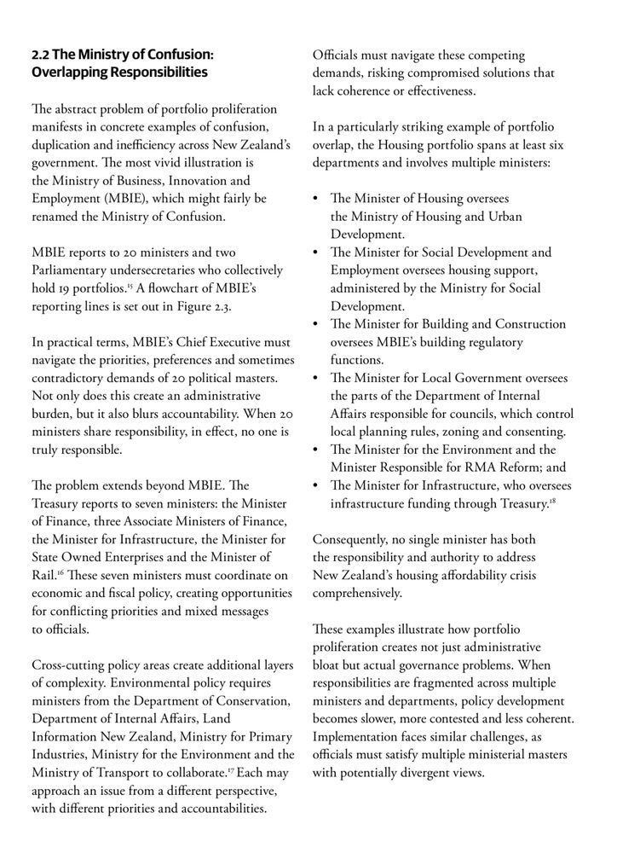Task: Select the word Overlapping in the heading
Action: (70, 73)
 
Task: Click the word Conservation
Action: (255, 700)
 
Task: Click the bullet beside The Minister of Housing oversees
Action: (318, 199)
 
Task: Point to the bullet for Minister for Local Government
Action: (318, 378)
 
